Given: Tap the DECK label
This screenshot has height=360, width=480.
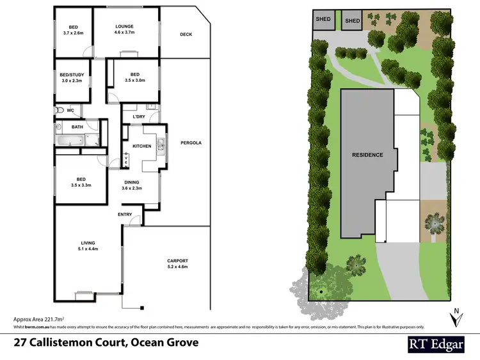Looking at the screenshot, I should [x=186, y=35].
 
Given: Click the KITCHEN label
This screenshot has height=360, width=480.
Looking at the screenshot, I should [x=141, y=146].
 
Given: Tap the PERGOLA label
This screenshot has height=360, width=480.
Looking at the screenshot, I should [x=191, y=143].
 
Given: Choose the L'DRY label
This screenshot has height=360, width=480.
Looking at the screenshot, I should [x=139, y=117].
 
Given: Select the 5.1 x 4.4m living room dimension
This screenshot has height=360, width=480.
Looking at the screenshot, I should [x=88, y=249].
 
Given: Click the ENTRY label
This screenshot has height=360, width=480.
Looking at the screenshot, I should [x=125, y=215].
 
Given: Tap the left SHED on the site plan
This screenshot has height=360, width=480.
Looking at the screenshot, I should [x=324, y=20].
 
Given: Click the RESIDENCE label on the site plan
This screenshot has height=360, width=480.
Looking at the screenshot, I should [x=367, y=155].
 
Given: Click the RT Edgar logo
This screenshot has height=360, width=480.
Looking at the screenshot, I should [x=437, y=343].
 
